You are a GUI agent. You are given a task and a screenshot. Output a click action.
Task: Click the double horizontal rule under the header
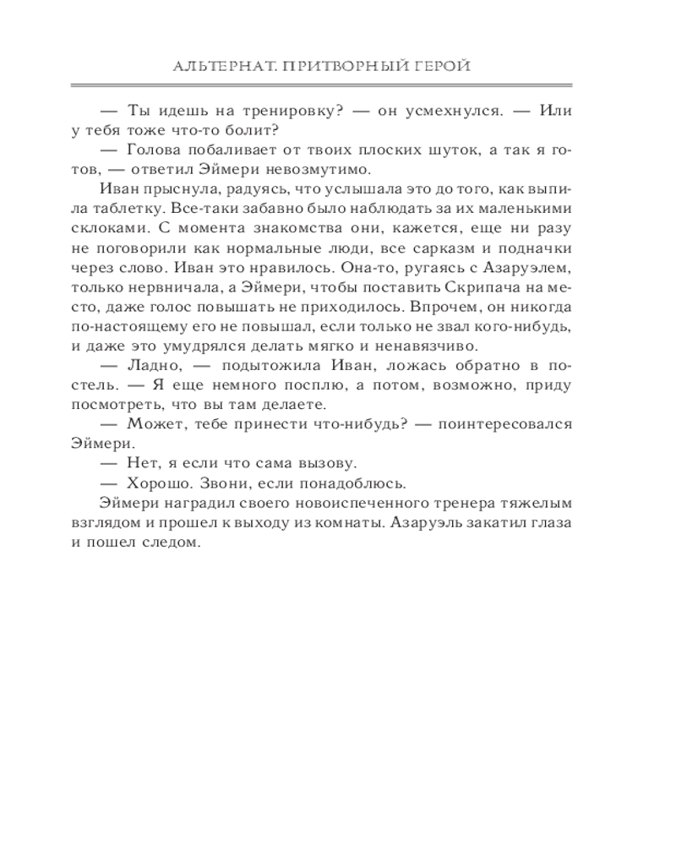338,85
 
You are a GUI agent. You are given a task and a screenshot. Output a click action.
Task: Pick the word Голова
156,150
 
